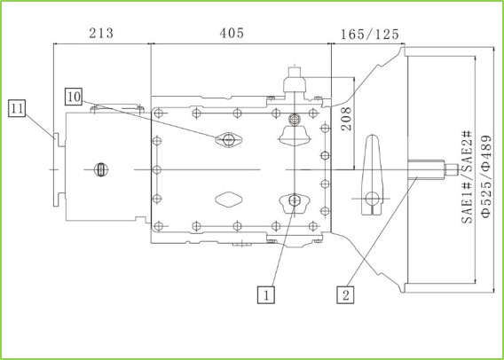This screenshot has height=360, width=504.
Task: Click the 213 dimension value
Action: pos(101,33)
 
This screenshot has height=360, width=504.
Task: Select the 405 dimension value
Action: pos(232,33)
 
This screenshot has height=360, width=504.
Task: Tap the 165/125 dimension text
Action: pos(370,34)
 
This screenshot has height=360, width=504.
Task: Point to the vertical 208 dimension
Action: pos(346,119)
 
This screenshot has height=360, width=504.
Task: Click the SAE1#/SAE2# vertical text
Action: pos(467,176)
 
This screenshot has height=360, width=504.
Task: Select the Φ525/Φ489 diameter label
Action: pos(486,176)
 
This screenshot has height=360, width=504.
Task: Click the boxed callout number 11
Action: pos(17,108)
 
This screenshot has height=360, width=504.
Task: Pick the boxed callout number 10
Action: pos(74,97)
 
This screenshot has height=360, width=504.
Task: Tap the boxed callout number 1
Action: pos(266,294)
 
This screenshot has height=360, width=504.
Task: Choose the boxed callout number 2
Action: pos(345,294)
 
